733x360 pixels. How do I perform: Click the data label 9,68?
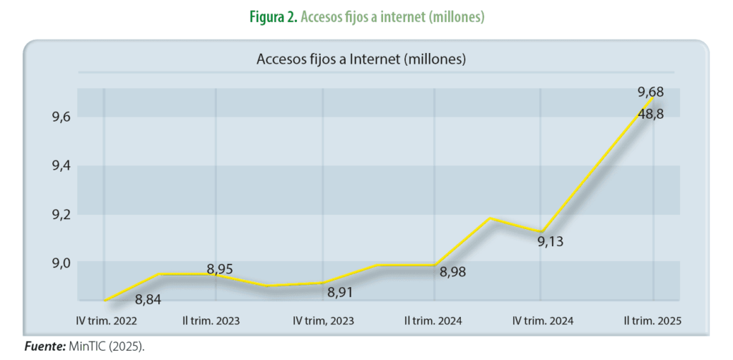651,92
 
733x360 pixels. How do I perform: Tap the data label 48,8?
651,113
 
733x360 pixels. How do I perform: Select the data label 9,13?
550,242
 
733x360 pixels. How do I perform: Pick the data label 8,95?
220,269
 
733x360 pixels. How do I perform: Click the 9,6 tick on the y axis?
60,117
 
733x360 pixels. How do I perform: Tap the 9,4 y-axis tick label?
60,166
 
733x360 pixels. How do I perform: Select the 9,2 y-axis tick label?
60,215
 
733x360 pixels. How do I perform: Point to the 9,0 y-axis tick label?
60,263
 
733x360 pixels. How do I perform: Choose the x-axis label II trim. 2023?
211,321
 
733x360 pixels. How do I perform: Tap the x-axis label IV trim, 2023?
324,321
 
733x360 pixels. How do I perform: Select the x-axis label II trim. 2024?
434,321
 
